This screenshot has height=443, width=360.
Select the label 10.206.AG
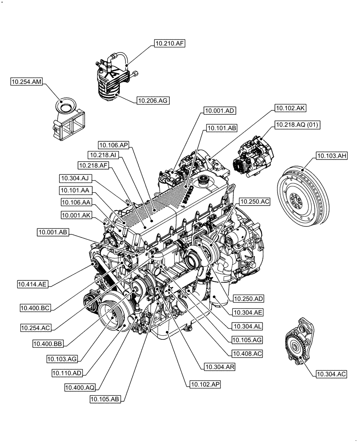pyautogui.click(x=153, y=101)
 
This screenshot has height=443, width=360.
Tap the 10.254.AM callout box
pyautogui.click(x=26, y=82)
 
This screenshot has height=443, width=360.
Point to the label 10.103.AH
pyautogui.click(x=332, y=155)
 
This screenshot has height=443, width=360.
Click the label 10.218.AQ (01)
pyautogui.click(x=297, y=124)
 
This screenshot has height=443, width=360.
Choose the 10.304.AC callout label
pyautogui.click(x=331, y=374)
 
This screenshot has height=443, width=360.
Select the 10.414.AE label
pyautogui.click(x=33, y=284)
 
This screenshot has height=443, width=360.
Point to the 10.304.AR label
pyautogui.click(x=220, y=366)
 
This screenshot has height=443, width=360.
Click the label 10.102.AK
pyautogui.click(x=290, y=108)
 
